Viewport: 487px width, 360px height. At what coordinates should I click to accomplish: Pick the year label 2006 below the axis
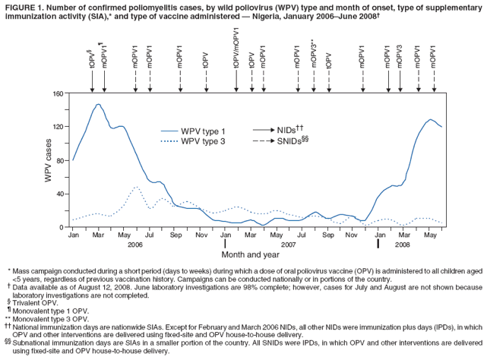[x=134, y=245]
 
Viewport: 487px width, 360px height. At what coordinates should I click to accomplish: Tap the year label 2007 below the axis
[x=289, y=245]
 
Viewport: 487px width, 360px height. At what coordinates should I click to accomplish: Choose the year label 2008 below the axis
[x=403, y=245]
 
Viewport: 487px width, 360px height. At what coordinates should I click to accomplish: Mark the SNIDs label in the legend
[x=293, y=141]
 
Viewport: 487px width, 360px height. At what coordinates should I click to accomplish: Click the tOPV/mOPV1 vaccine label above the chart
[x=236, y=49]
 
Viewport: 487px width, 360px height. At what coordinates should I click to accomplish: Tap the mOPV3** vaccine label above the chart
[x=314, y=55]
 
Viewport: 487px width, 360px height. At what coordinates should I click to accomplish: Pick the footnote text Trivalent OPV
[x=36, y=302]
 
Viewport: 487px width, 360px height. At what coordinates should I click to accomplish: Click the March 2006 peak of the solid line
[x=98, y=104]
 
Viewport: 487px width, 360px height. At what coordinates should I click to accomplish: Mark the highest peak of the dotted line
[x=136, y=186]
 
